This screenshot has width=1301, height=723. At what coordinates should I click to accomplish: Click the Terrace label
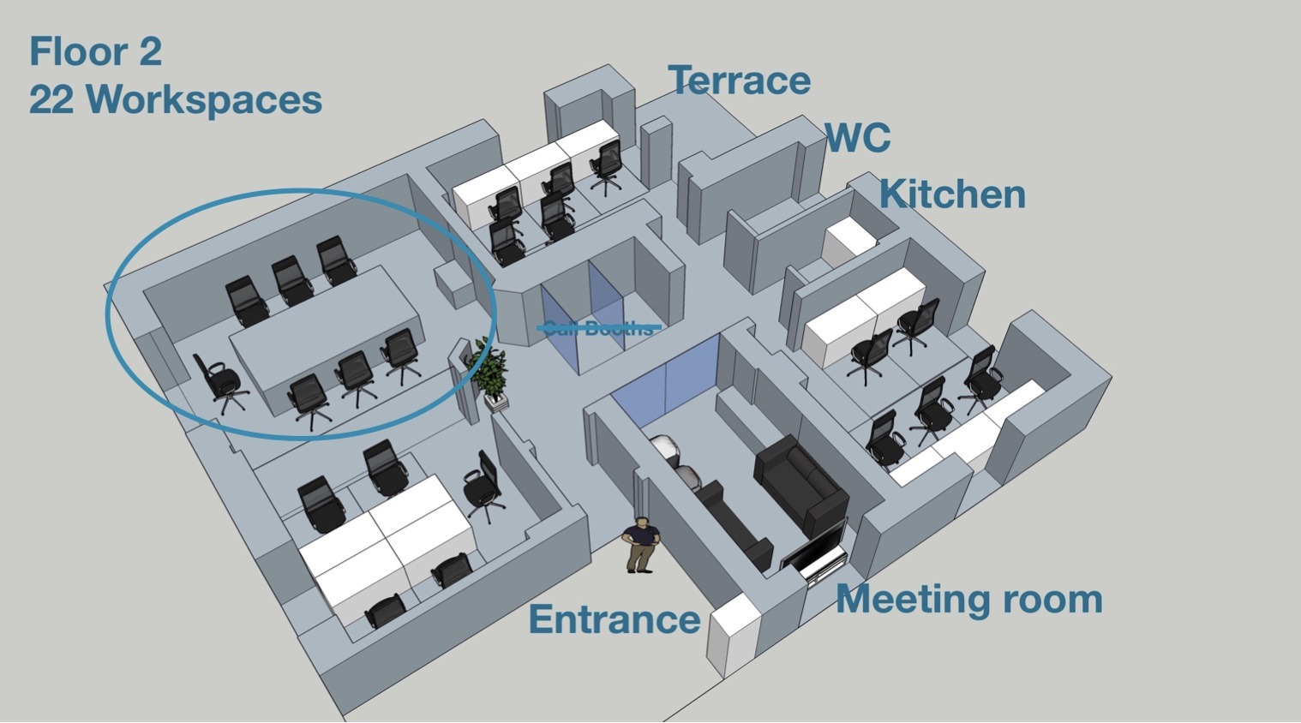coord(739,81)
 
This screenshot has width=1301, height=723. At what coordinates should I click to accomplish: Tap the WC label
coord(858,137)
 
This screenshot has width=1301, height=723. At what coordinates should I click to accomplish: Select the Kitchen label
coord(952,194)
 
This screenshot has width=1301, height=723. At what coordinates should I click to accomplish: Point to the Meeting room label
coord(968,599)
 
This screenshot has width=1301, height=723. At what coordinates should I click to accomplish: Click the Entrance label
coord(614,619)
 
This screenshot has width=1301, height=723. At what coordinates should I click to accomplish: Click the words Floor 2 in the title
coord(95,51)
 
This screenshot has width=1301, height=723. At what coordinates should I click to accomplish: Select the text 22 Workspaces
coord(176,99)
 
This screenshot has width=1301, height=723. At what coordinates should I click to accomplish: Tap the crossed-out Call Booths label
coord(598,327)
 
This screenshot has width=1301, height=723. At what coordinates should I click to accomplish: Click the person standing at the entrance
coord(640,545)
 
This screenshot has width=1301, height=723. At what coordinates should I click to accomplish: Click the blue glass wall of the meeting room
coord(669,377)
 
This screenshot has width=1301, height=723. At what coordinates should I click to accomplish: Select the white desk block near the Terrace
coord(531,171)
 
